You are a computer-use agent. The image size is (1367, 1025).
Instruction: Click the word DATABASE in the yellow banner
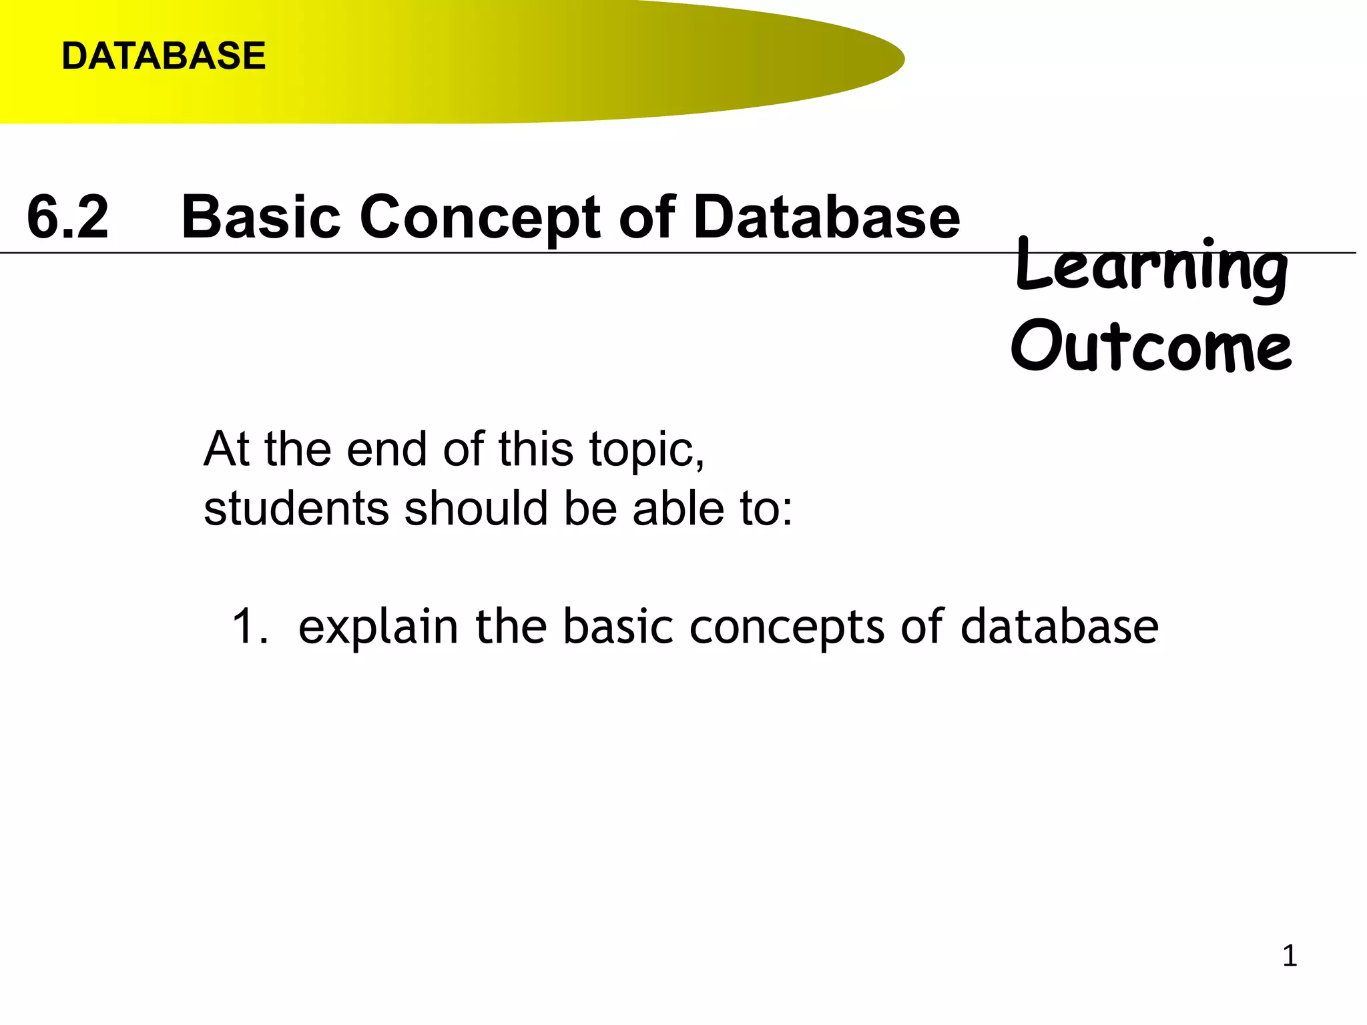164,56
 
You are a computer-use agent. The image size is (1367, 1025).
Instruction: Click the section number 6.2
67,218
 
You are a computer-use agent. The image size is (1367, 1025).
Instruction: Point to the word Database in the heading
826,218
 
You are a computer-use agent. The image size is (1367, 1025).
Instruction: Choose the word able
678,508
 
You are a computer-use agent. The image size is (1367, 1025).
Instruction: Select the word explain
378,628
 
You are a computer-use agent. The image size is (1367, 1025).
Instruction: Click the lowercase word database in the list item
1059,627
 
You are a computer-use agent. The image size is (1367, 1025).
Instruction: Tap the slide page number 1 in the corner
1290,956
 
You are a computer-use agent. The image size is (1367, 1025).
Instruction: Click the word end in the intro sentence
386,449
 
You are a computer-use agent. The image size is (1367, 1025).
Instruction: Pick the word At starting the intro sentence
227,449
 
